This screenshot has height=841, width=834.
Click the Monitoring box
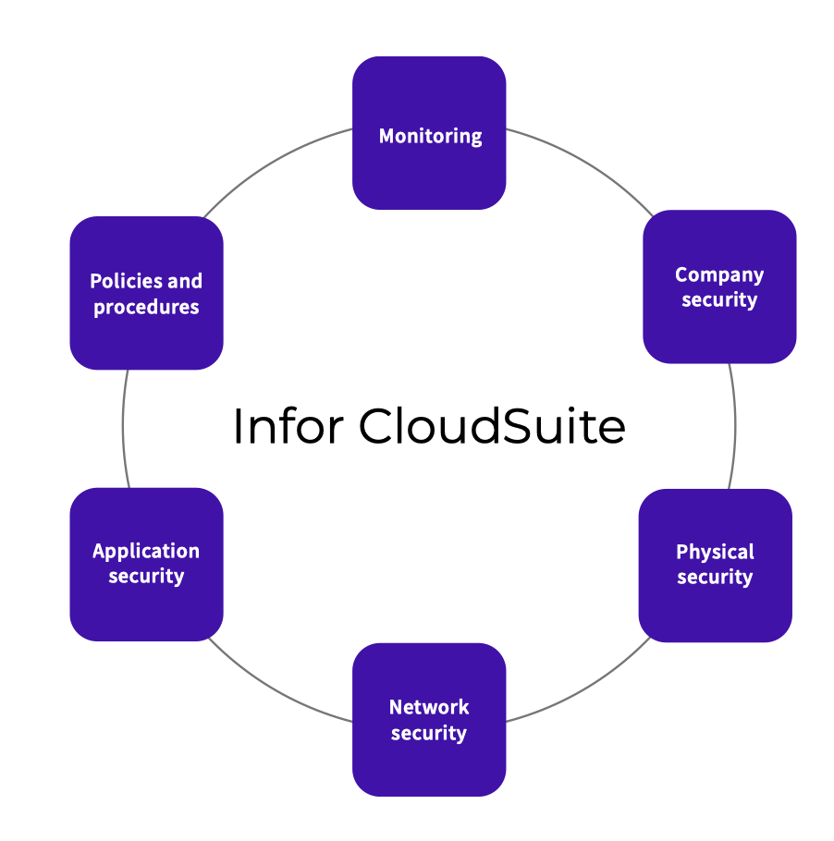pyautogui.click(x=429, y=133)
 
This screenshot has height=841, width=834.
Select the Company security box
pyautogui.click(x=719, y=286)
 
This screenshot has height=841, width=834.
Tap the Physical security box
pyautogui.click(x=715, y=565)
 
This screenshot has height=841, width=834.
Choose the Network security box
pyautogui.click(x=429, y=719)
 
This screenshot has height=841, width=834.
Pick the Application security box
pyautogui.click(x=146, y=564)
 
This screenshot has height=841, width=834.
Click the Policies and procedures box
pyautogui.click(x=146, y=293)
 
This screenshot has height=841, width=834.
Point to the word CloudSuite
pyautogui.click(x=492, y=427)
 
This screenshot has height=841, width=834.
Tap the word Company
pyautogui.click(x=719, y=274)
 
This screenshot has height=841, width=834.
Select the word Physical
pyautogui.click(x=715, y=552)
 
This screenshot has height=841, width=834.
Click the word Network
pyautogui.click(x=429, y=707)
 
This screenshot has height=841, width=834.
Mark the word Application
pyautogui.click(x=146, y=551)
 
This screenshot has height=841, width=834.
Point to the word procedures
pyautogui.click(x=146, y=307)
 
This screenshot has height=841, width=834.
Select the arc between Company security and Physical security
pyautogui.click(x=735, y=425)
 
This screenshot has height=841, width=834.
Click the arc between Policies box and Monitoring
pyautogui.click(x=277, y=159)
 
